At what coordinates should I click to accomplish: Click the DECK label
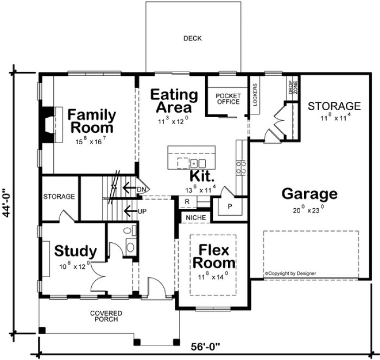point(192,38)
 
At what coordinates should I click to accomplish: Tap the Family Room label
point(91,121)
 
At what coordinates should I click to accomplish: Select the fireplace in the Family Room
point(49,124)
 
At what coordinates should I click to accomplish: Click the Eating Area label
point(174,100)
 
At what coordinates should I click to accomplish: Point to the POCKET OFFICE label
point(227,98)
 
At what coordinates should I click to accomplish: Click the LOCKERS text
point(255,94)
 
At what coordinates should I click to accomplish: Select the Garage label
point(309,194)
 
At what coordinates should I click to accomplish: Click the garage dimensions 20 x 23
point(309,207)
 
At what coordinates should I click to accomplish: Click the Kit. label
point(202,176)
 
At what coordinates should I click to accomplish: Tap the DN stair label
point(142,188)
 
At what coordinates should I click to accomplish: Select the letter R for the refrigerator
point(186,201)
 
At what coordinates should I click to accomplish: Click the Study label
point(76,251)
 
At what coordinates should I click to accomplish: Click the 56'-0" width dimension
point(208,345)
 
